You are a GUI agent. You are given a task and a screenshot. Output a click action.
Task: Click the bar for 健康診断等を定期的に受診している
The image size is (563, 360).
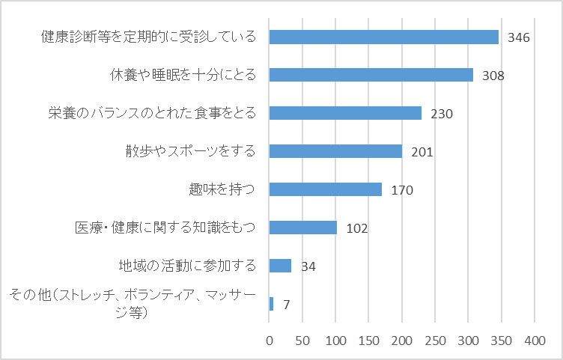click(x=383, y=37)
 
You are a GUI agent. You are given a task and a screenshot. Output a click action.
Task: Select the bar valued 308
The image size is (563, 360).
click(x=371, y=75)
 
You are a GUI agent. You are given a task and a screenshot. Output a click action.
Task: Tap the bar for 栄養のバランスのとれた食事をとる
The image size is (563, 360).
click(x=345, y=113)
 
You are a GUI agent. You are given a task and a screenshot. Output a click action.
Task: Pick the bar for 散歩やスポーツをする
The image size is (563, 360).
click(x=335, y=151)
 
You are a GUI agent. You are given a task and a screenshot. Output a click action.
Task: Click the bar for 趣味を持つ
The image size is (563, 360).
click(x=325, y=189)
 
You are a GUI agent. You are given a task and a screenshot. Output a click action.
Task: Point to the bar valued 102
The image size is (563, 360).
click(x=302, y=228)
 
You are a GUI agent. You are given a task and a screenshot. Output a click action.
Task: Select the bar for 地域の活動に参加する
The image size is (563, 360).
click(x=280, y=266)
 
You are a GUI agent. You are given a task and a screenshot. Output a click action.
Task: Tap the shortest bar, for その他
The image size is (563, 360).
click(x=271, y=304)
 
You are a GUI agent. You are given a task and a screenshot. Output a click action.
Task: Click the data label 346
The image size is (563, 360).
click(x=519, y=37)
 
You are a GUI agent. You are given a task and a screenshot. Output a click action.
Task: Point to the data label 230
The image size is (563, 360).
click(x=442, y=114)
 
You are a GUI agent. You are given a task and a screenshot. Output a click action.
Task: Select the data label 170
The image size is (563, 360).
click(x=402, y=190)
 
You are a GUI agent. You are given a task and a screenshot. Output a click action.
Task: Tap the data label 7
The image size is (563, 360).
click(x=286, y=305)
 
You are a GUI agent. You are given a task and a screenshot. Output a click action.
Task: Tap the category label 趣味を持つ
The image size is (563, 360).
click(x=222, y=189)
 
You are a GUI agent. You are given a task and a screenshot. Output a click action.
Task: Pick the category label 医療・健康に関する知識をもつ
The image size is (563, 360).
click(x=165, y=228)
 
